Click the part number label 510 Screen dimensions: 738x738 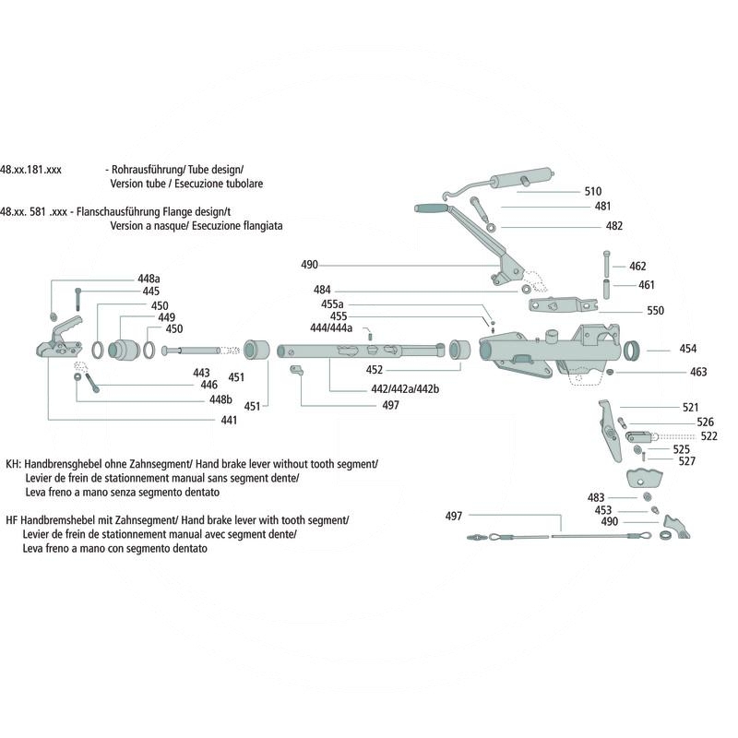(x=593, y=192)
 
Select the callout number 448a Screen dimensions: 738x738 (x=149, y=278)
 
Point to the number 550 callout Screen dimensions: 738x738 (x=654, y=311)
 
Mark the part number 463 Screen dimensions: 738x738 (x=697, y=373)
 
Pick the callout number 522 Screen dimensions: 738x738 (x=708, y=435)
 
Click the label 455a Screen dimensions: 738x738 (x=332, y=304)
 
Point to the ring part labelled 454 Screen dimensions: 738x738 (x=632, y=351)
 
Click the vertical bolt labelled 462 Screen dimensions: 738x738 (x=606, y=264)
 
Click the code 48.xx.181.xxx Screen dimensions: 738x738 (x=30, y=171)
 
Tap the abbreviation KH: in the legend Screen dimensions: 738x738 (x=13, y=464)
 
